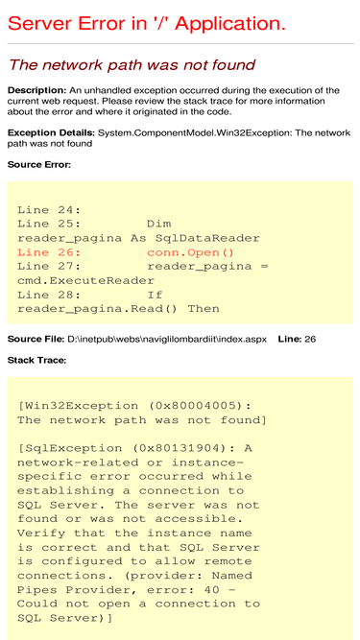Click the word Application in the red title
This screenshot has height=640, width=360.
point(230,24)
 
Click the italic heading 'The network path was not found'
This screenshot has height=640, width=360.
point(132,64)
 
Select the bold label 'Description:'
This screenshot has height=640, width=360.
point(36,90)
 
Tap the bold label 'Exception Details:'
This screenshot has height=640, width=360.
point(52,133)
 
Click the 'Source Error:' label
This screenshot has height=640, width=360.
point(39,165)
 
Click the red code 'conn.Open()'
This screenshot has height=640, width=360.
point(190,252)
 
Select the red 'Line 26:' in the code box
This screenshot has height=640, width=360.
point(49,252)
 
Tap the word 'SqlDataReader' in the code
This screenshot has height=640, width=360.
point(207,238)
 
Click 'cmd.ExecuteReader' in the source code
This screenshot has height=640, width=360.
point(85,281)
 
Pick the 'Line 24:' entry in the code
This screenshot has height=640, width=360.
point(49,210)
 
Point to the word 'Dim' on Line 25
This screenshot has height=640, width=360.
point(159,225)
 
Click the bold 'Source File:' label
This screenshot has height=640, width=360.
point(36,339)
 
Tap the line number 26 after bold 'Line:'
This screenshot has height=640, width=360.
point(310,339)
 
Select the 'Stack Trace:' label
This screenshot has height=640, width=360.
point(36,361)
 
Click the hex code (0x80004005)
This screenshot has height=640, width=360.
point(200,406)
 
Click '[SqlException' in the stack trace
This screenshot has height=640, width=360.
point(69,448)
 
